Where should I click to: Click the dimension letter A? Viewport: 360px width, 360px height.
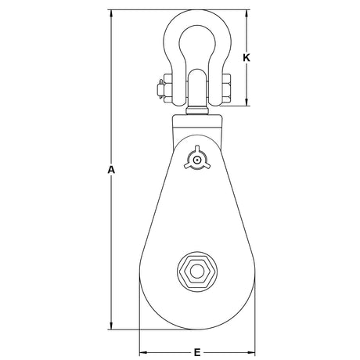[x=111, y=170]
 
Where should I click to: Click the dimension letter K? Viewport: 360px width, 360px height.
[x=247, y=58]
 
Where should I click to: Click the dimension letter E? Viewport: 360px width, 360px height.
[x=197, y=353]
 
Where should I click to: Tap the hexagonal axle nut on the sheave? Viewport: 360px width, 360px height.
[x=197, y=272]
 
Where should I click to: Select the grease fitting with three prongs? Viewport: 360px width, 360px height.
[x=196, y=159]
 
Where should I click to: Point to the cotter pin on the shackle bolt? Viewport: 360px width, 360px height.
[x=160, y=89]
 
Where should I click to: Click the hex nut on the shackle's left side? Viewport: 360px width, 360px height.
[x=167, y=88]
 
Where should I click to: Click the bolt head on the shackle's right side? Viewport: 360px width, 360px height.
[x=226, y=88]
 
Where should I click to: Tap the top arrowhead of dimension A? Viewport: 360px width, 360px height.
[x=111, y=14]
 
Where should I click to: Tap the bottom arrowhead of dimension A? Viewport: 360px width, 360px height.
[x=111, y=326]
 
